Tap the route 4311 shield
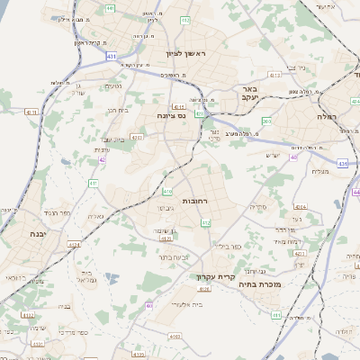tap(30, 112)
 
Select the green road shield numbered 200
tap(266, 120)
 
